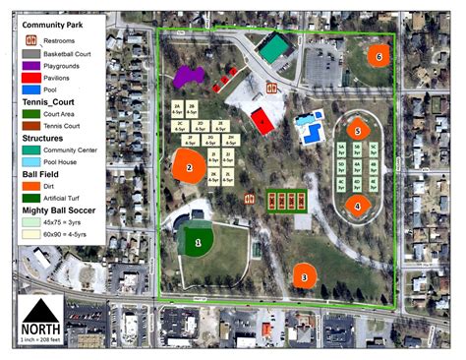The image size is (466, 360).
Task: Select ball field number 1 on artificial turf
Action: pyautogui.click(x=198, y=240)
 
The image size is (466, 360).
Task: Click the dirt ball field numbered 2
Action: pyautogui.click(x=188, y=167)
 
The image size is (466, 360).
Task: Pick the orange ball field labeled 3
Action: pyautogui.click(x=305, y=276)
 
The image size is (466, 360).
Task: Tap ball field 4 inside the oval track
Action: pyautogui.click(x=359, y=206)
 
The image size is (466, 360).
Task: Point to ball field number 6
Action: pyautogui.click(x=379, y=56)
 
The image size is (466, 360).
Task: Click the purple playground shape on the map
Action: pyautogui.click(x=185, y=76)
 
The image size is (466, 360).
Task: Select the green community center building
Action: pyautogui.click(x=274, y=47)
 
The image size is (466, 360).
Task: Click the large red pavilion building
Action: pyautogui.click(x=262, y=121)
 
